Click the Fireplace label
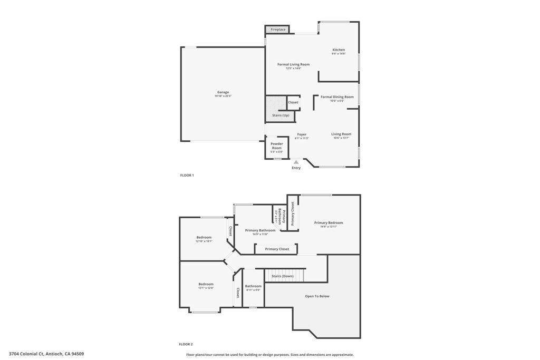click(278, 30)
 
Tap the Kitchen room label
click(339, 50)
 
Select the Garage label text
click(223, 92)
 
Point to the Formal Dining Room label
click(337, 97)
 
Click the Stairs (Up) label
click(281, 115)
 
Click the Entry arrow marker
click(296, 162)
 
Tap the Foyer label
click(302, 134)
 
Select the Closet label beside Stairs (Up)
click(293, 102)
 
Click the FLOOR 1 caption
click(187, 175)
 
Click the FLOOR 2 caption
click(186, 344)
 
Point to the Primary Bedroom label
click(329, 223)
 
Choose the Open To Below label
click(317, 296)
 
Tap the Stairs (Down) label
click(283, 276)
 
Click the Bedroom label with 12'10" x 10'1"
click(204, 237)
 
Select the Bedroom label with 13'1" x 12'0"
click(206, 284)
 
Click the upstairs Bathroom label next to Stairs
click(253, 286)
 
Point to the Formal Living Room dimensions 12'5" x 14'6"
click(294, 69)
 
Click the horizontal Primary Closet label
click(277, 249)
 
